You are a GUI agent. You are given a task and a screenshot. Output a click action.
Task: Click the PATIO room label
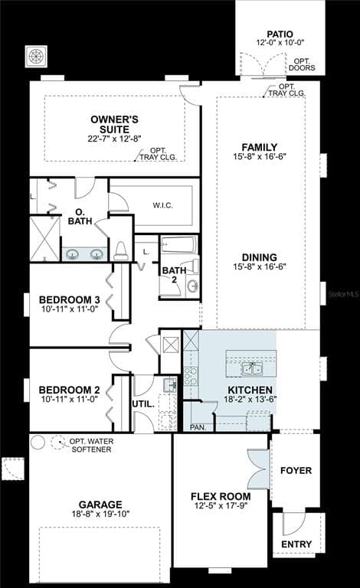point(280,34)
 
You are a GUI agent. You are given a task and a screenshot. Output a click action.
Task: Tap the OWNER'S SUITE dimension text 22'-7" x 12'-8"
point(114,139)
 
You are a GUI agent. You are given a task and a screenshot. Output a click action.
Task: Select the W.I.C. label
point(162,205)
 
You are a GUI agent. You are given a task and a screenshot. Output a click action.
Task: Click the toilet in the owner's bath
point(121,250)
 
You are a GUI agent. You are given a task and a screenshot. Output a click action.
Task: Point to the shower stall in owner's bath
point(44,239)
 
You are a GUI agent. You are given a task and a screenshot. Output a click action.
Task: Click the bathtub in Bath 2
point(178,245)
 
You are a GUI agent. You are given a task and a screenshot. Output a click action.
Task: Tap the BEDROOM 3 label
point(70,300)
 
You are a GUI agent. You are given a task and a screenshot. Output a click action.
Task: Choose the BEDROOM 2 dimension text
point(70,399)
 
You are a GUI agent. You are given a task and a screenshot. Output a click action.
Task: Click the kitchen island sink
point(252,369)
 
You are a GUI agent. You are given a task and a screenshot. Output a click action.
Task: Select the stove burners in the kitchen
point(190,376)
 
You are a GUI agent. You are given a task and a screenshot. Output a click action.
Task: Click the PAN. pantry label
point(198,427)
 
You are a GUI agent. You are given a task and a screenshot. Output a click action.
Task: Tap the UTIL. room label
point(143,404)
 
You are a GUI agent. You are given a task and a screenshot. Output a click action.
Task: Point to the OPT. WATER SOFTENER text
point(91,445)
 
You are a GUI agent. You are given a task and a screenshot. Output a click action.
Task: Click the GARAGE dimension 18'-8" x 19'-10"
point(100,514)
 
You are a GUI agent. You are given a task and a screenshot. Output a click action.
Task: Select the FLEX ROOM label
point(221,496)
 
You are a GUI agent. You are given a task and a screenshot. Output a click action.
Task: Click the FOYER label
point(296,470)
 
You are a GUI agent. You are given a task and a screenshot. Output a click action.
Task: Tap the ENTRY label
point(296,544)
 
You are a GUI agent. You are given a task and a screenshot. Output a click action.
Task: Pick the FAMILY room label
point(260,147)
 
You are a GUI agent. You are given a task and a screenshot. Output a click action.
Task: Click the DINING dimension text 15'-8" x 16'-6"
point(260,266)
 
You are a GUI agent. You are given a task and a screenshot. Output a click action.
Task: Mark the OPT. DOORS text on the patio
point(302,64)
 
